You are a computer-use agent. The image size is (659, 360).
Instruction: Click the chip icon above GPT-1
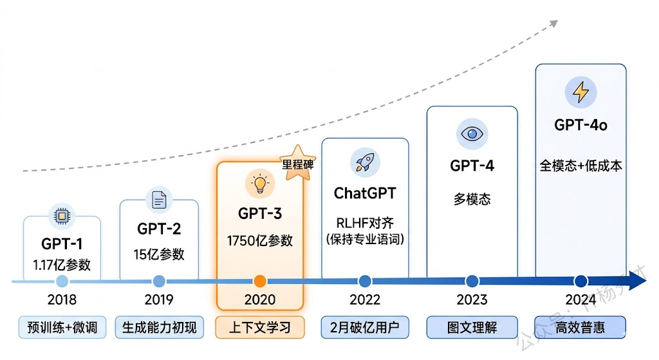62,216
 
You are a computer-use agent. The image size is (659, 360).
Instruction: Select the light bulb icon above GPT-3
259,184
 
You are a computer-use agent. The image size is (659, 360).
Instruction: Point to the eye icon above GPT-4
472,134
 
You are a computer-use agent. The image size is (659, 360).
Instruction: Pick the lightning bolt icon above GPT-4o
580,92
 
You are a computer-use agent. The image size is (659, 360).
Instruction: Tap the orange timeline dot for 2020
260,281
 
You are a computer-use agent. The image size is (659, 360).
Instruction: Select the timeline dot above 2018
62,281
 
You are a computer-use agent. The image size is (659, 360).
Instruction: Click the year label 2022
365,299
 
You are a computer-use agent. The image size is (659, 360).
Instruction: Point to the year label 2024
580,299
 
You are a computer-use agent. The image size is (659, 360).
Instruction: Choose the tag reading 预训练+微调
62,327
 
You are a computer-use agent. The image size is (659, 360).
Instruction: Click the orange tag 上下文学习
260,327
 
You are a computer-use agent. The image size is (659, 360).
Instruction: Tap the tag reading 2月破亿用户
365,327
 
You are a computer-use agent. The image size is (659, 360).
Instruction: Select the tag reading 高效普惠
580,327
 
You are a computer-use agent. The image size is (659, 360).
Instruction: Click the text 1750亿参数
260,241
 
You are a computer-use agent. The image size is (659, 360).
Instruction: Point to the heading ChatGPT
365,193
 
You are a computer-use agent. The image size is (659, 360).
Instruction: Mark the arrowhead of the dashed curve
553,24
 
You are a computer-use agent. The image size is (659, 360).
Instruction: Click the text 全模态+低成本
580,166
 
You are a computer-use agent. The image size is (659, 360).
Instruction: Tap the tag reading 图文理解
472,327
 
